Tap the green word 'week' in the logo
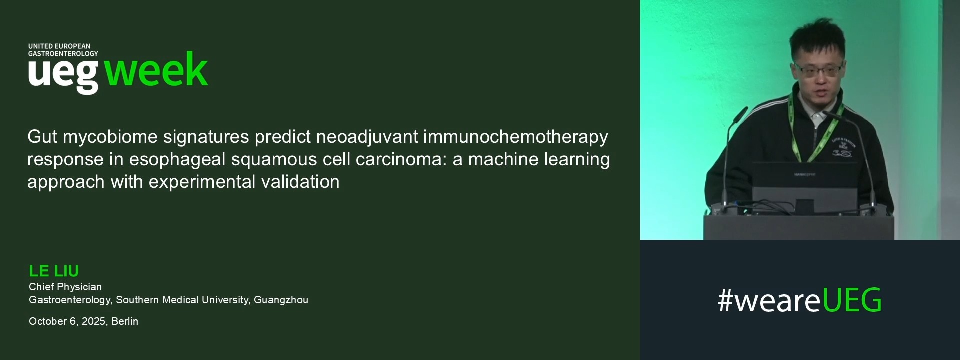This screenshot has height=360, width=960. [156, 70]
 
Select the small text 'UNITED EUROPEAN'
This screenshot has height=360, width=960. [59, 46]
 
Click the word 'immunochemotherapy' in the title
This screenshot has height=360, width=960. [515, 137]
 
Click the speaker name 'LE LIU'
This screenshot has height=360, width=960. [54, 271]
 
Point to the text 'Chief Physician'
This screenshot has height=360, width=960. [65, 287]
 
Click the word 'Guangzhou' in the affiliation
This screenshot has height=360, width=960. [281, 300]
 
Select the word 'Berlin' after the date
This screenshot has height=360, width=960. [125, 321]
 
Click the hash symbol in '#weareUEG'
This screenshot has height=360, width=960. [725, 300]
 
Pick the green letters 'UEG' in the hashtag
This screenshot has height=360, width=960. [851, 300]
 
